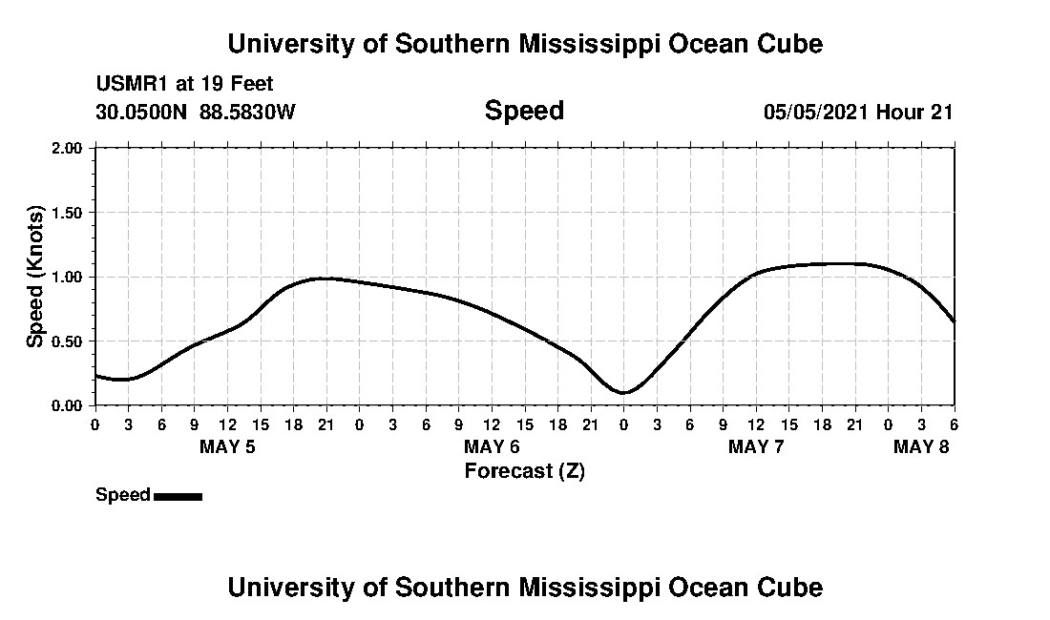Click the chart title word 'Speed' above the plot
tap(524, 111)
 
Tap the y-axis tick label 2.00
tap(67, 149)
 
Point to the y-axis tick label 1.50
tap(67, 213)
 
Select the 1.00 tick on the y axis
tap(67, 277)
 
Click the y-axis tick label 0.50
tap(67, 341)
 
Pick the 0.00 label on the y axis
tap(67, 405)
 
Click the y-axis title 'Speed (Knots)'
tap(35, 277)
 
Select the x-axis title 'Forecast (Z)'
tap(524, 471)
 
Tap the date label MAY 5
tap(227, 446)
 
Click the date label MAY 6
tap(492, 446)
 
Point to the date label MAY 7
tap(756, 446)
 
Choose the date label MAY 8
tap(921, 446)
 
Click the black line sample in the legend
tap(178, 496)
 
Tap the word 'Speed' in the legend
tap(123, 495)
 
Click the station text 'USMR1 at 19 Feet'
tap(184, 85)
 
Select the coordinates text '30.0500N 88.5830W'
tap(196, 113)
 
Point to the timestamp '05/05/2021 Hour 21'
tap(858, 113)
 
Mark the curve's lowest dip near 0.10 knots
tap(623, 392)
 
